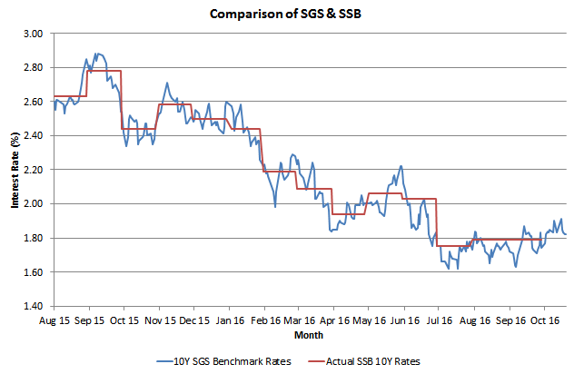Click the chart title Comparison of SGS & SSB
(286, 14)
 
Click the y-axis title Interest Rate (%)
(15, 170)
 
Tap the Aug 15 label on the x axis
(54, 320)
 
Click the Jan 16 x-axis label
(229, 320)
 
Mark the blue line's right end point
(567, 233)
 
